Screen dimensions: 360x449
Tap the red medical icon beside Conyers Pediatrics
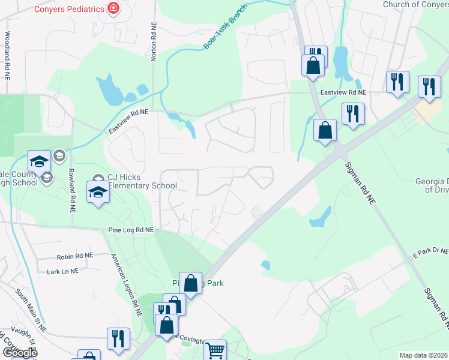(x=112, y=8)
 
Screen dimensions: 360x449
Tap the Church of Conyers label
(x=415, y=5)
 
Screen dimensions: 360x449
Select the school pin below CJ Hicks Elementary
(x=98, y=192)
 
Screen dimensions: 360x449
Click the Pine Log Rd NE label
(x=131, y=230)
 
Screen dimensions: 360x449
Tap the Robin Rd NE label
(x=75, y=256)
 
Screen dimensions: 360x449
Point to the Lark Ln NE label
(x=63, y=271)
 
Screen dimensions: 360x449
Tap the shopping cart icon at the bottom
(x=215, y=350)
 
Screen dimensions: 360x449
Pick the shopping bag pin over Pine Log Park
(x=190, y=283)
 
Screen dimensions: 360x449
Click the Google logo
(x=19, y=353)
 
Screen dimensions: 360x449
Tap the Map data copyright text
(x=423, y=355)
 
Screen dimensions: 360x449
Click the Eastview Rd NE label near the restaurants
(x=343, y=92)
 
